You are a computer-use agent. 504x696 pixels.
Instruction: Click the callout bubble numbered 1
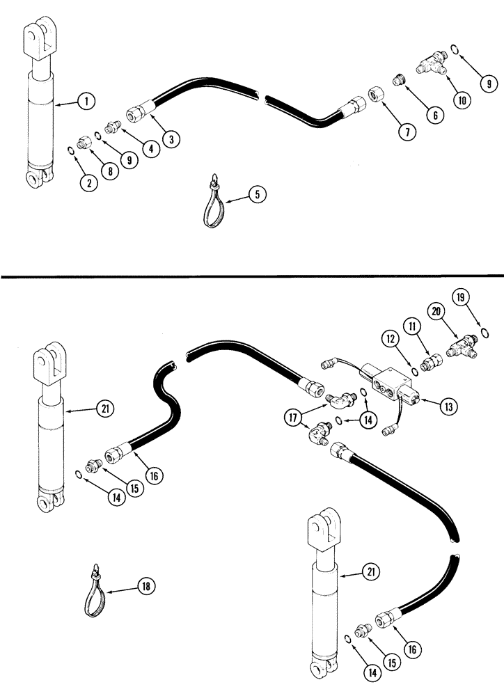86,102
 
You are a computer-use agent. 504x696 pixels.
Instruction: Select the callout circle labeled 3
169,139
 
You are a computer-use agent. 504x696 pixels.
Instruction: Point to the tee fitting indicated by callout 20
462,343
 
